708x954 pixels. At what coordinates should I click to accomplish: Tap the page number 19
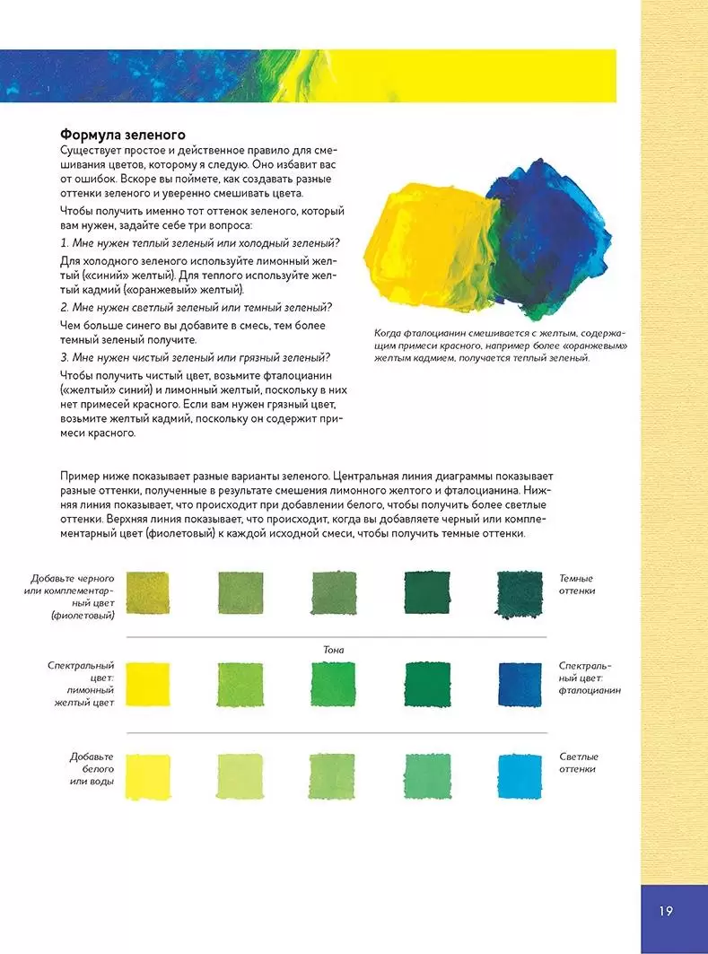pos(665,911)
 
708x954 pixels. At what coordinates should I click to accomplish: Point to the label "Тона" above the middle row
pos(333,649)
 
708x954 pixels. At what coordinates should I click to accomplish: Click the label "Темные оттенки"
pos(577,584)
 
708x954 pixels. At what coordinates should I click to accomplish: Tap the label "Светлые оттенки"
pos(578,763)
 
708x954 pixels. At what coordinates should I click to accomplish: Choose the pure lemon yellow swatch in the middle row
pos(148,684)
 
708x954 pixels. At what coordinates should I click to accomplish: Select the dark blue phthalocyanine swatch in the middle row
pos(520,684)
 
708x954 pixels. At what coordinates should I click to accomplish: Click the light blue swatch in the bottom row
pos(520,775)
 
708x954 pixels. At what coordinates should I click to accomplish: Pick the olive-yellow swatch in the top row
pos(148,592)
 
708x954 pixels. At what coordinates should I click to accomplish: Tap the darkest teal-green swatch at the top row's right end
pos(520,592)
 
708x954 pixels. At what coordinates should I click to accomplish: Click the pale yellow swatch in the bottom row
pos(148,775)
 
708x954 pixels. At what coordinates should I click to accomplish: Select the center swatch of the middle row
pos(333,684)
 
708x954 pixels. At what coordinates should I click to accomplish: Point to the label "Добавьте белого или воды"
pos(92,769)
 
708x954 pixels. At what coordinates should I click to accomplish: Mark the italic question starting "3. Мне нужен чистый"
pos(196,356)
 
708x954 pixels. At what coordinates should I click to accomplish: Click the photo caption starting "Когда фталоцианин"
pos(501,346)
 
